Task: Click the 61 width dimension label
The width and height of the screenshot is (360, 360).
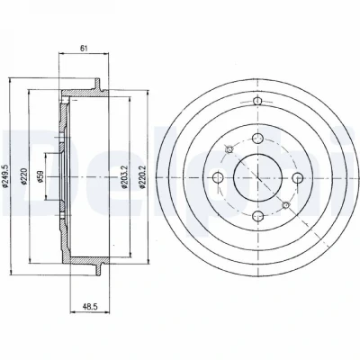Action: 84,49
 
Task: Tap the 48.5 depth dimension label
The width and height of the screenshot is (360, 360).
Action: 90,306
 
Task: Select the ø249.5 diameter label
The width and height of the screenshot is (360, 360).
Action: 4,176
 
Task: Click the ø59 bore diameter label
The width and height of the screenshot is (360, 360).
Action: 40,176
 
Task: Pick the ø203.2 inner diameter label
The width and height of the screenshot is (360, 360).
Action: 124,177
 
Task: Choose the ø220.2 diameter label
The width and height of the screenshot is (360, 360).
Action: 143,177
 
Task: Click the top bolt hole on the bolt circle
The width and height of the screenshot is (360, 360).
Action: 257,139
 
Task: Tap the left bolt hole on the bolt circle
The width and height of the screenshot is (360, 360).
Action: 218,177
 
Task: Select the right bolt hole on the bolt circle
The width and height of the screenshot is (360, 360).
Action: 298,178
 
